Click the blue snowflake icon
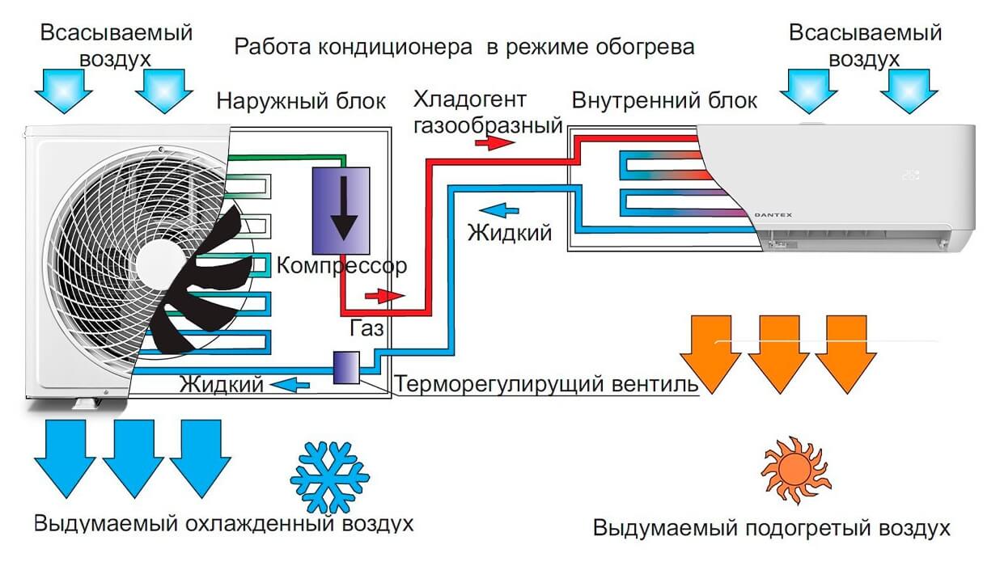[329, 478]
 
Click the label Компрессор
[341, 265]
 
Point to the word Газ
[367, 328]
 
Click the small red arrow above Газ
[383, 296]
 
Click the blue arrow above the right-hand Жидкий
[504, 211]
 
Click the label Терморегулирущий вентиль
[546, 384]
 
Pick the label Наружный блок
[301, 102]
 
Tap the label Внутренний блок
[664, 101]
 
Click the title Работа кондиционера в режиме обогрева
[464, 46]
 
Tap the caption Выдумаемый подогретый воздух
[771, 529]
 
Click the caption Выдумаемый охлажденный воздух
[224, 523]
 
